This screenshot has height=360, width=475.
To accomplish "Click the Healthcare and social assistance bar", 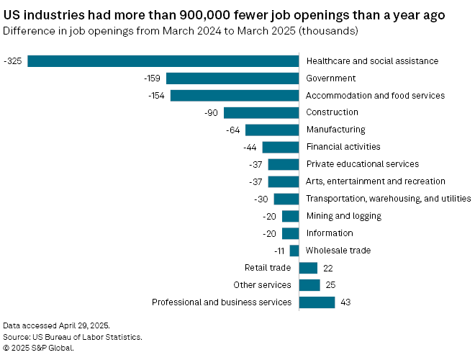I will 163,61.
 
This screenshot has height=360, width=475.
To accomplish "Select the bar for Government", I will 232,78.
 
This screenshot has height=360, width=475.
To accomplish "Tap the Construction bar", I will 261,112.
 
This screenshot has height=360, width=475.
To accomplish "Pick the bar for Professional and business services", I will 317,302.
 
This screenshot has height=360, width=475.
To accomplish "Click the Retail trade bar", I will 308,268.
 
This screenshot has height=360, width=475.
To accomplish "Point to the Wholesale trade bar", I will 294,251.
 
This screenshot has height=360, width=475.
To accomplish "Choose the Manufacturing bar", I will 272,130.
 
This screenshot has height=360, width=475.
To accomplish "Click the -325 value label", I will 12,61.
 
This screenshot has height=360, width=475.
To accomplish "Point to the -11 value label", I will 279,251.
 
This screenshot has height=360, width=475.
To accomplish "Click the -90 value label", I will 212,112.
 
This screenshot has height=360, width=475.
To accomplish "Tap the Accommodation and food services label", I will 376,95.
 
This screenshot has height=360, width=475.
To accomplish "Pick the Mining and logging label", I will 344,216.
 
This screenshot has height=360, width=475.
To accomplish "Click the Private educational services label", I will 363,164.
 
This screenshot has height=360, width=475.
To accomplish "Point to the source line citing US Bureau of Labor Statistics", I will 73,337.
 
